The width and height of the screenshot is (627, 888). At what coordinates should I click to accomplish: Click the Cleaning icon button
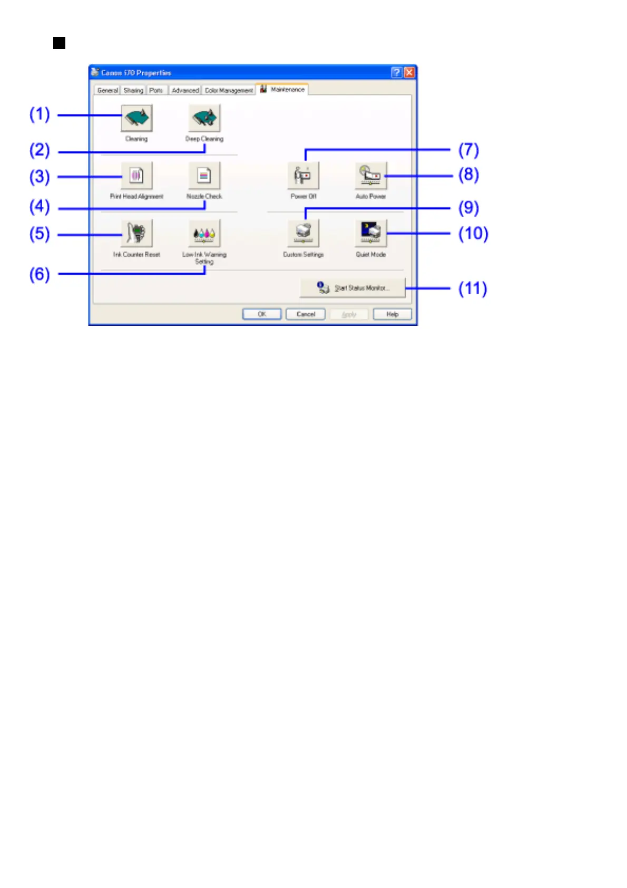point(136,118)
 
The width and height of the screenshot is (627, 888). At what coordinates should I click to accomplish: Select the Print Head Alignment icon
point(136,176)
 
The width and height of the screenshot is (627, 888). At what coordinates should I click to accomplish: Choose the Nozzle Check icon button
point(204,176)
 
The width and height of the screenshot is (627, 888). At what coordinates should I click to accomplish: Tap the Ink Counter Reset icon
point(136,233)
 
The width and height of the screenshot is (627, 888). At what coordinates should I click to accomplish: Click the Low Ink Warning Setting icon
point(204,233)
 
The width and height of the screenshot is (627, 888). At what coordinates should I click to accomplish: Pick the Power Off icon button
point(303,176)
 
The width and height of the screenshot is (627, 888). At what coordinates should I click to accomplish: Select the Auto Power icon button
point(370,176)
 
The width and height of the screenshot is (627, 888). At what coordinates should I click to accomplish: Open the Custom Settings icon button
point(303,233)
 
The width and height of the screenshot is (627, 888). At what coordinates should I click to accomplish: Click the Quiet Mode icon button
point(370,233)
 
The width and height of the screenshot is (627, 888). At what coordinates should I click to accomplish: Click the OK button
point(262,314)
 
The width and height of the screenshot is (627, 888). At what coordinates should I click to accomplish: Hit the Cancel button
point(306,314)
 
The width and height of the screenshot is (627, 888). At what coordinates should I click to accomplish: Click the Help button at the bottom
point(392,314)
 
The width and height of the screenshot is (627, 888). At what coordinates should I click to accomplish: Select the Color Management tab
point(229,91)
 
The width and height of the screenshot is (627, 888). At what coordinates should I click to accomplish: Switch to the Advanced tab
point(185,91)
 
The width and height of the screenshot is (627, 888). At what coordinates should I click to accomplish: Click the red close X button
point(409,73)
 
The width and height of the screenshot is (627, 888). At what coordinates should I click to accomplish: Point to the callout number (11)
point(473,288)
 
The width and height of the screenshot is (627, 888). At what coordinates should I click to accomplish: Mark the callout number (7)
point(468,150)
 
